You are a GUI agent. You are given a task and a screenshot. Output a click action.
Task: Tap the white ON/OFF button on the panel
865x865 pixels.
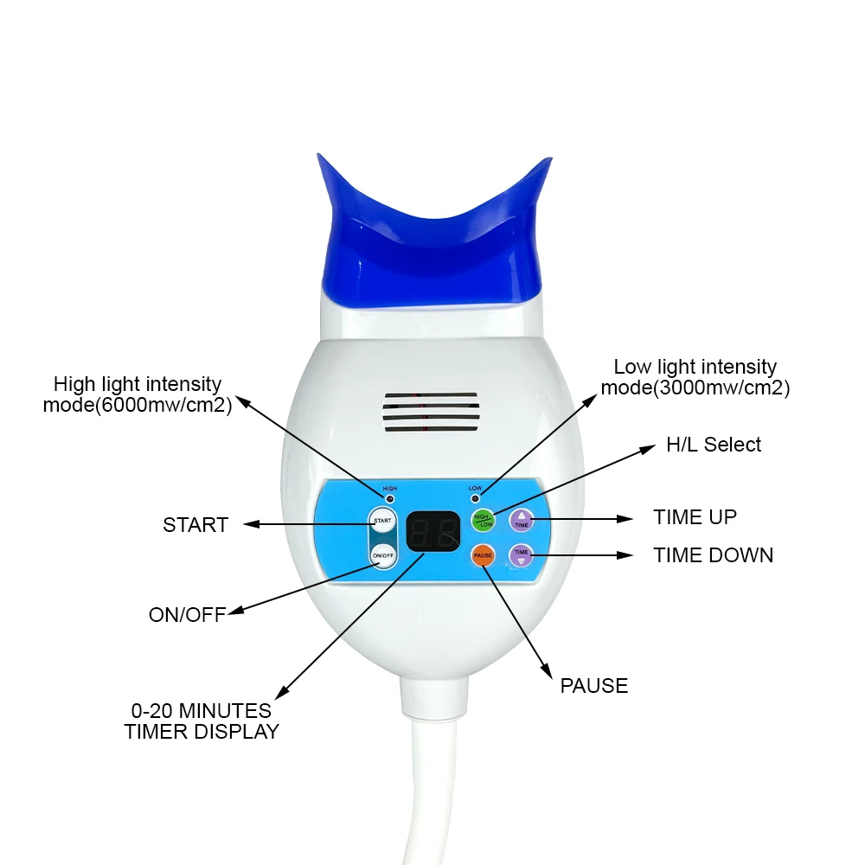coord(382,555)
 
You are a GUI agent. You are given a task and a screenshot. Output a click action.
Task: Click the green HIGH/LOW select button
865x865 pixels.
coord(483,519)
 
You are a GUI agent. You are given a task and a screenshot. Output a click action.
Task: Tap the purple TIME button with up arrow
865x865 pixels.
coord(522,520)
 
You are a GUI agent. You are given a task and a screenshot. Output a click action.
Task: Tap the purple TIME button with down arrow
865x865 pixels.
coord(521,554)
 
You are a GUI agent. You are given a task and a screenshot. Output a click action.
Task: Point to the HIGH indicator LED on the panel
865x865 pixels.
coord(390,499)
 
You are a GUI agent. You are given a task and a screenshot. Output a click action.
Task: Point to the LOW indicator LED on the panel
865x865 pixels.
coord(475,499)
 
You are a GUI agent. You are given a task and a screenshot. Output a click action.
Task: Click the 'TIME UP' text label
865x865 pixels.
coord(695,517)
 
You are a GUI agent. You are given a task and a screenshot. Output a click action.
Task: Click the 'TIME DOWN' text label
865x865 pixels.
coord(713,555)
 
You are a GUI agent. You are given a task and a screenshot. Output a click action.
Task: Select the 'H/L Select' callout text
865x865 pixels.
coord(713,445)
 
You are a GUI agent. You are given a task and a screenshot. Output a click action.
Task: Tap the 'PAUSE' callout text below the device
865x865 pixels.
coord(593,686)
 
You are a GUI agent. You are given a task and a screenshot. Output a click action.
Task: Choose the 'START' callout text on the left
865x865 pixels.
coord(195,525)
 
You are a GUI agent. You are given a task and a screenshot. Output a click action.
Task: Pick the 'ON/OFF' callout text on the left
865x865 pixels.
coord(187,615)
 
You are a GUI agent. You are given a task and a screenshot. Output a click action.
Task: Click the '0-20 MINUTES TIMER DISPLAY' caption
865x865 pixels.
coord(202,721)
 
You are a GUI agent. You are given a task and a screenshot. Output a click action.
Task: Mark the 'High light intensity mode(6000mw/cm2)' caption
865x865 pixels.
coord(138,394)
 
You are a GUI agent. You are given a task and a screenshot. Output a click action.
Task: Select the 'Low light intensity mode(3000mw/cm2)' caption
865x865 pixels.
coord(695,378)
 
